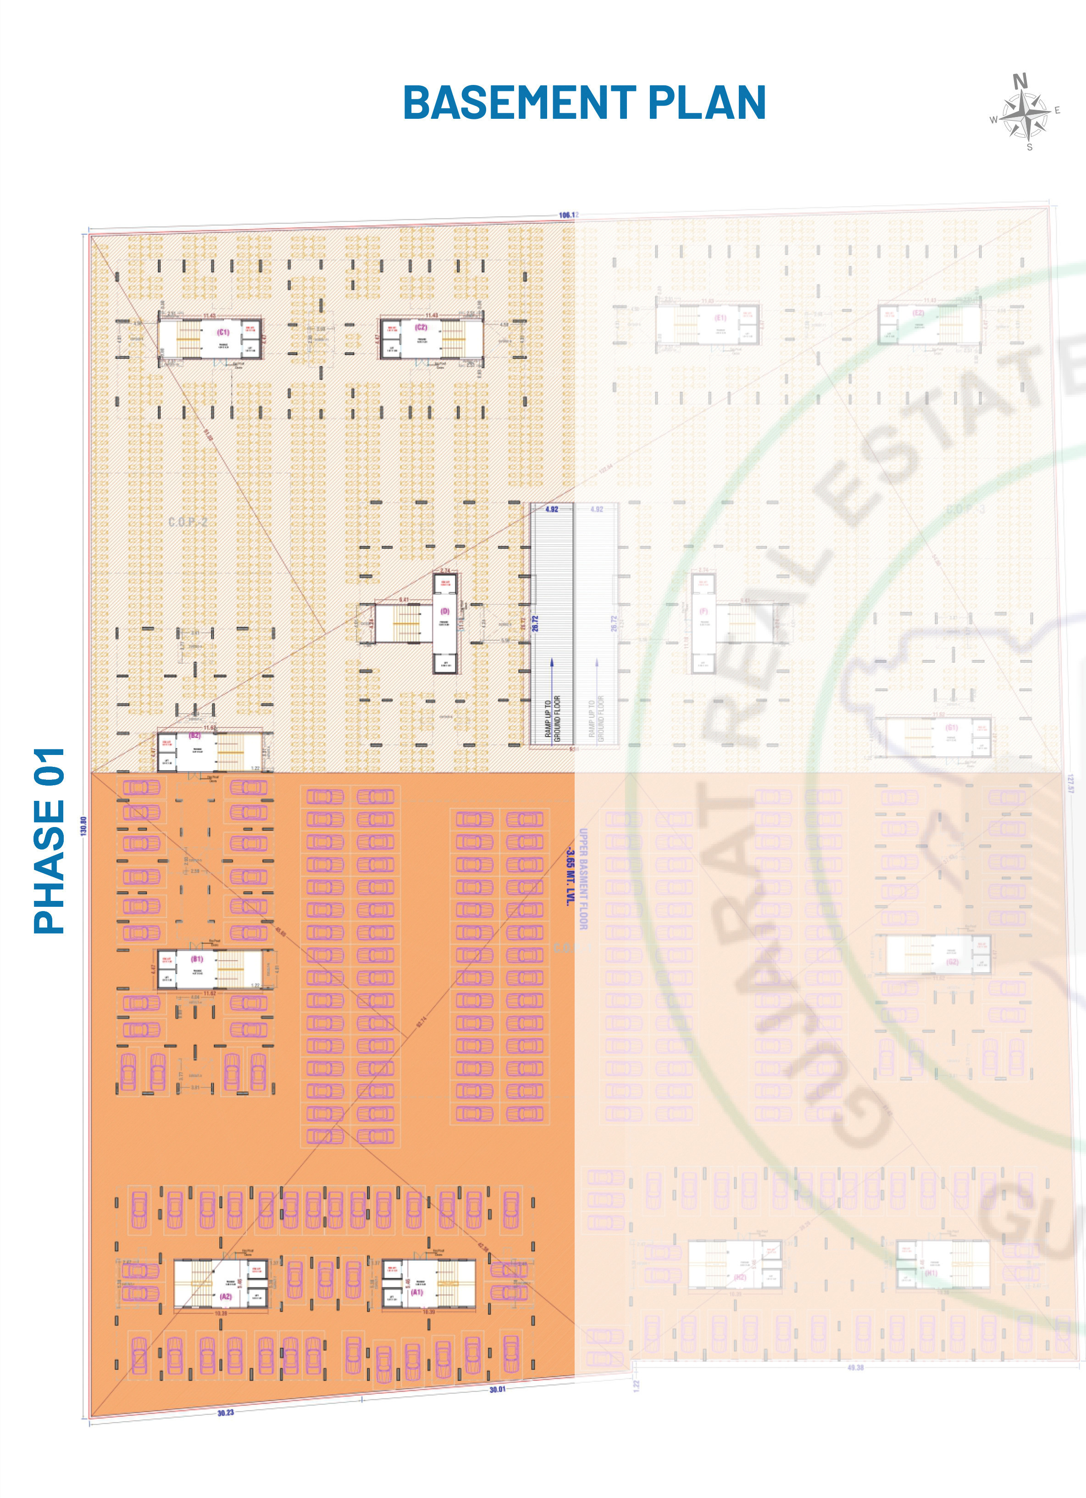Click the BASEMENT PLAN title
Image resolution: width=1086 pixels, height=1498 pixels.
(584, 103)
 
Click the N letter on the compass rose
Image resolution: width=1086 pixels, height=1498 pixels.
(1020, 81)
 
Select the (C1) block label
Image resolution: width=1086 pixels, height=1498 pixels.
(223, 332)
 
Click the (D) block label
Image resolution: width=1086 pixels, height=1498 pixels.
(445, 612)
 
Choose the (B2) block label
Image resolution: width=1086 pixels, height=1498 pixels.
(195, 735)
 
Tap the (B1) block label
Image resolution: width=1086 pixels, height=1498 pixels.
(197, 958)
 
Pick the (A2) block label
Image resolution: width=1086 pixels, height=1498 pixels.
(226, 1296)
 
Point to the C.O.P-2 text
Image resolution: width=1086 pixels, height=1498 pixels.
(188, 522)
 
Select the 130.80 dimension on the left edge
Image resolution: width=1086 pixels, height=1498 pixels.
(84, 826)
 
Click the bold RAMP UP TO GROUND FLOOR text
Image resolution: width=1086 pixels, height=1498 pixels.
(553, 718)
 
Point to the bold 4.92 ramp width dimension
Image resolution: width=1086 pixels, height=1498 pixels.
(551, 509)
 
